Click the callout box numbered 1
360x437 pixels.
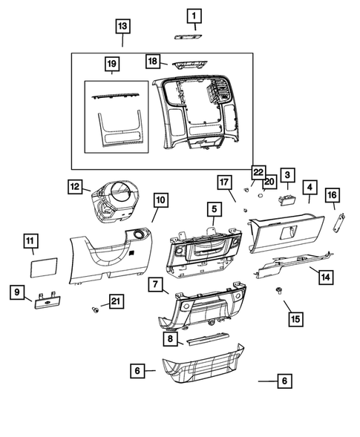click(x=193, y=16)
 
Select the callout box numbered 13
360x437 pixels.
click(x=122, y=26)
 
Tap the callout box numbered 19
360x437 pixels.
click(x=112, y=64)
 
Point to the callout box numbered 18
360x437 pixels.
click(x=152, y=61)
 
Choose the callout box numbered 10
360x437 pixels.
click(x=160, y=200)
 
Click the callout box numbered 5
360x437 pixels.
click(x=213, y=210)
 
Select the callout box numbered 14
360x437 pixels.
click(x=324, y=277)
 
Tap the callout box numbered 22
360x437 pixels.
click(x=258, y=171)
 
